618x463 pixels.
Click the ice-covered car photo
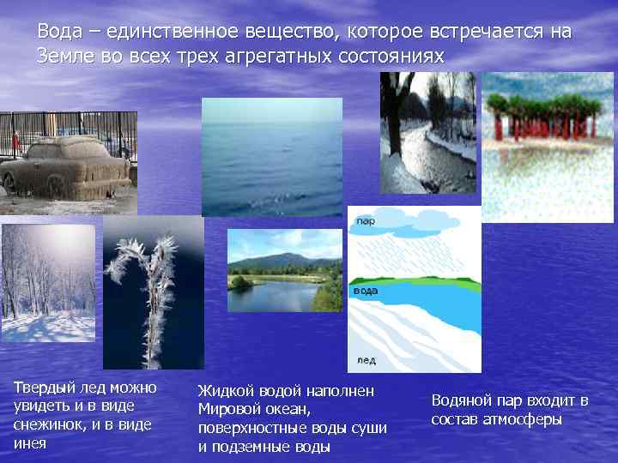[x=67, y=165]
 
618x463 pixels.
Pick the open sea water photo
[x=271, y=156]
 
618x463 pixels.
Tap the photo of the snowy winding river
[x=427, y=133]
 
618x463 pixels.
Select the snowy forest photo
[x=48, y=282]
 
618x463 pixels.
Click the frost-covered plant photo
[x=154, y=292]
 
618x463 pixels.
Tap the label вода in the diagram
[x=366, y=291]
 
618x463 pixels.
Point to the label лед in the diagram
[x=364, y=361]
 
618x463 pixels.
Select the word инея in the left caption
[x=31, y=443]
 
